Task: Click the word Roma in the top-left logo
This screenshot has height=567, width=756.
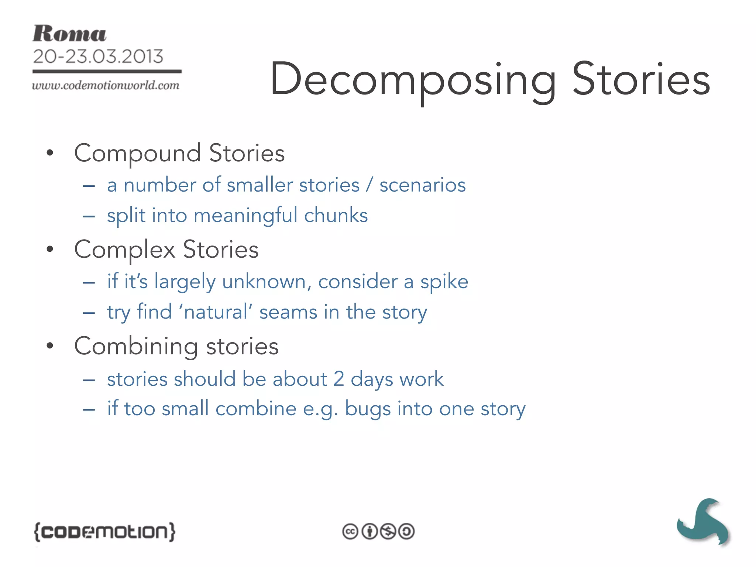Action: (x=69, y=34)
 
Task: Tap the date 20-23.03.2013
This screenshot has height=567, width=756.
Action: (x=98, y=56)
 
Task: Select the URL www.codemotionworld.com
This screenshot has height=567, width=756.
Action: (x=106, y=86)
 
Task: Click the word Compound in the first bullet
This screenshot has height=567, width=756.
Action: (x=137, y=154)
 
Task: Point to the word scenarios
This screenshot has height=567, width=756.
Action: (x=422, y=185)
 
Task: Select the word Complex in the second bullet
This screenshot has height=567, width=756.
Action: (x=125, y=250)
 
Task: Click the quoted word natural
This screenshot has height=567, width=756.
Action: (x=216, y=312)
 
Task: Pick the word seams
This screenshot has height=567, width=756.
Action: (x=288, y=312)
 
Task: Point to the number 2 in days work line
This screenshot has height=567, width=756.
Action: (x=339, y=379)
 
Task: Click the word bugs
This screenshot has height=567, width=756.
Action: (x=368, y=409)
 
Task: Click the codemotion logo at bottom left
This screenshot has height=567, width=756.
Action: (x=104, y=532)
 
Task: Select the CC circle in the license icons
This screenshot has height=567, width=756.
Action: (x=350, y=532)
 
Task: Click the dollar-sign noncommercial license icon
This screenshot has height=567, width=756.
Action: (x=388, y=532)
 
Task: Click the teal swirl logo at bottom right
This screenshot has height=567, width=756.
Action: (x=703, y=522)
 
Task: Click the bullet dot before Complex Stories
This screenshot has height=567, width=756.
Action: (x=50, y=249)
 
